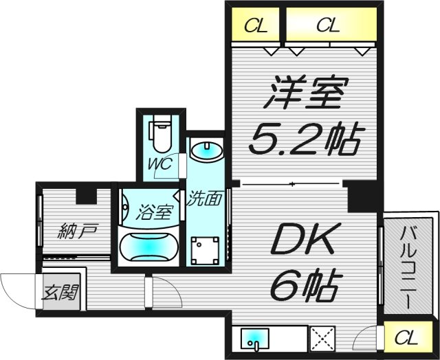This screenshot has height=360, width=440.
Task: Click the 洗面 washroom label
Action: [x=204, y=199]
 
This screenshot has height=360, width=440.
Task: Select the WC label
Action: [x=162, y=165]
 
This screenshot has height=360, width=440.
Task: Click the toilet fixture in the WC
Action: [x=161, y=135]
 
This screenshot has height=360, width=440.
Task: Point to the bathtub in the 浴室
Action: [x=150, y=244]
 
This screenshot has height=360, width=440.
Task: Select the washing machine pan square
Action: [x=204, y=251]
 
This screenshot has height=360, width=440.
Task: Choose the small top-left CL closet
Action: [x=255, y=26]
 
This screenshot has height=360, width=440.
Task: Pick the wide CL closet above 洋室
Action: [x=329, y=26]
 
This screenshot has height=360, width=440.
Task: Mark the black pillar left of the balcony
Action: [x=358, y=197]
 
